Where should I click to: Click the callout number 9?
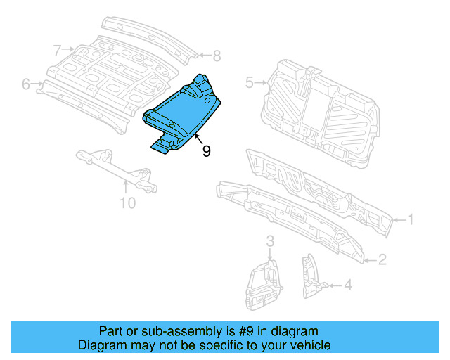[x=206, y=150]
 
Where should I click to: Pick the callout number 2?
[x=382, y=260]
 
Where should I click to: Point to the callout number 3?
[x=270, y=243]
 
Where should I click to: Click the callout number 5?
[x=249, y=83]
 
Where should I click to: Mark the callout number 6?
[x=26, y=84]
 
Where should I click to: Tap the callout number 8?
[x=217, y=55]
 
